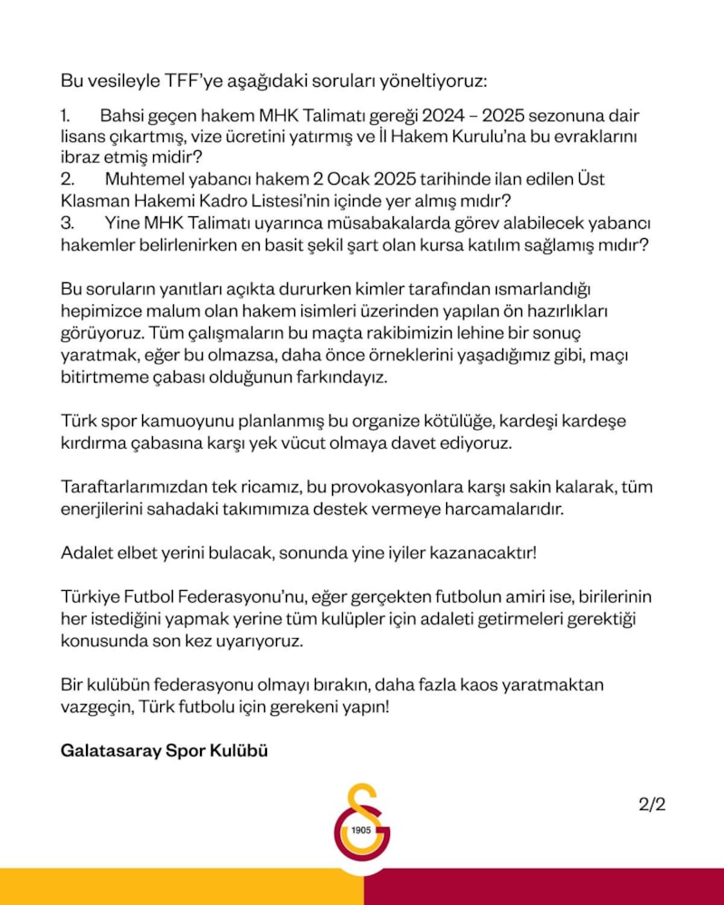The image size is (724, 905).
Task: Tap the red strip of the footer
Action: click(543, 887)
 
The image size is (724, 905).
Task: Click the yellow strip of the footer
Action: click(181, 887)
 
